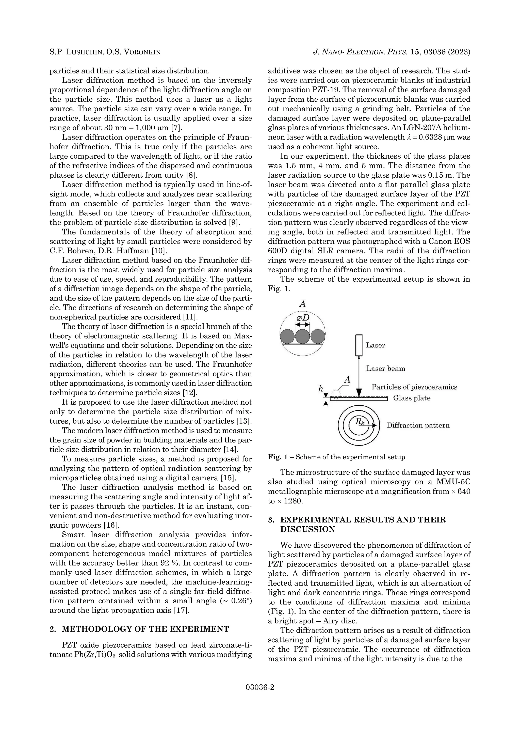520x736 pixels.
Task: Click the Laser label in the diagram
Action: click(x=375, y=345)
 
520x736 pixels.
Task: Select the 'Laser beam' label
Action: click(x=385, y=369)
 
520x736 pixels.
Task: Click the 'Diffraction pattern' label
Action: click(x=418, y=425)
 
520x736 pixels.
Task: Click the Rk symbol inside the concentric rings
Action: click(x=360, y=422)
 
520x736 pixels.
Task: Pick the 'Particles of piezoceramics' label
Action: click(x=414, y=387)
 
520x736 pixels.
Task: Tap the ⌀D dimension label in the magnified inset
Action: click(x=303, y=318)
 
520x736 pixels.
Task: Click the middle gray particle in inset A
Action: click(x=302, y=337)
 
